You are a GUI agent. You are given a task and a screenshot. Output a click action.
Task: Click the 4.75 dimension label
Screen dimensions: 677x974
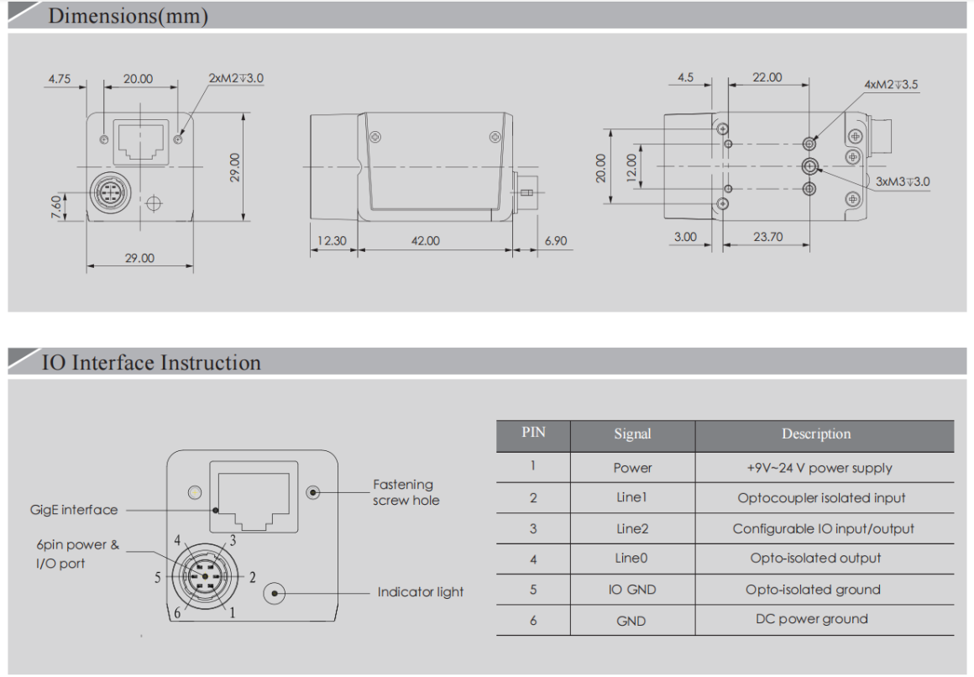59,80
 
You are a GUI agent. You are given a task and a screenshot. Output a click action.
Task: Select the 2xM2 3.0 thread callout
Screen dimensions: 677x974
236,78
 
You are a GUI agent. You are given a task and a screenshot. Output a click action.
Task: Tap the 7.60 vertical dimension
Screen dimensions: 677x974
55,204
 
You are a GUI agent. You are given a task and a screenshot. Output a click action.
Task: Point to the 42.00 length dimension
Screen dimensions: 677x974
425,241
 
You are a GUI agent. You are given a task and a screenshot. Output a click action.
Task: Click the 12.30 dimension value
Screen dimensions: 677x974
332,241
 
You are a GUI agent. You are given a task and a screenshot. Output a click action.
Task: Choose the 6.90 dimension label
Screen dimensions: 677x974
555,241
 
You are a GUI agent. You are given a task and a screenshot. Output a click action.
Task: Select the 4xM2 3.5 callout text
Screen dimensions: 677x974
891,85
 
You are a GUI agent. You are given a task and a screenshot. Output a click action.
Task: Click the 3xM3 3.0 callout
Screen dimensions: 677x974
902,181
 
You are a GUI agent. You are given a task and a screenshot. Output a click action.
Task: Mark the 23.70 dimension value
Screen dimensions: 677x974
767,237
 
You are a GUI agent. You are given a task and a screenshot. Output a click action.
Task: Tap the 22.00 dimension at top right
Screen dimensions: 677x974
767,77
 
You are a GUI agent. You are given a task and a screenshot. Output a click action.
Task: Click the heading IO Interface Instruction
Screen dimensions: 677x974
151,363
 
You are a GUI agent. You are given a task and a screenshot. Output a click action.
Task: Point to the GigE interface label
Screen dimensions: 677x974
74,510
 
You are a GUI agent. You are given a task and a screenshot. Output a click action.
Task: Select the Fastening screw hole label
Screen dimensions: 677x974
406,492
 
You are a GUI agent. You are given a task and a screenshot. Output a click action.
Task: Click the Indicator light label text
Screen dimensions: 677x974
420,592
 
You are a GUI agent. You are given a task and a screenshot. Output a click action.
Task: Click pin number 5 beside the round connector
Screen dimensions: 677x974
157,578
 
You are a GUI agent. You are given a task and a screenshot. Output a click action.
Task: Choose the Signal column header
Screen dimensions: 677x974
631,434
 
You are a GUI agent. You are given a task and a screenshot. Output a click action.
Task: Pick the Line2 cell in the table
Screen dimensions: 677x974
631,528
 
